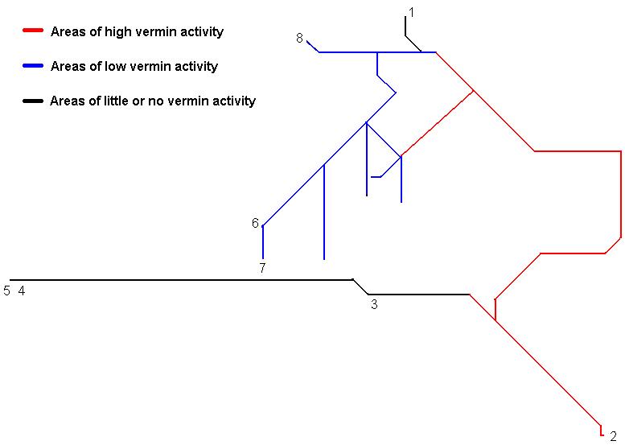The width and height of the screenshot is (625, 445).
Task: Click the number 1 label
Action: (411, 12)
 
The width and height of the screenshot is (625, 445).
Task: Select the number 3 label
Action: (374, 304)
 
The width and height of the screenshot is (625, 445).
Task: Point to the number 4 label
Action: (22, 291)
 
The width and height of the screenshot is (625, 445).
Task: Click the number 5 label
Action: (7, 291)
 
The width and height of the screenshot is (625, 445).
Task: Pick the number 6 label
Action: (255, 224)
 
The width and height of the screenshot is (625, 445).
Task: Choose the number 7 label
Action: (262, 269)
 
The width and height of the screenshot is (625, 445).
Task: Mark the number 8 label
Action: (299, 38)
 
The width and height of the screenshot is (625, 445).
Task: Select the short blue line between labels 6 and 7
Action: (263, 242)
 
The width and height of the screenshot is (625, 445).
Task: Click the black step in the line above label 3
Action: (360, 286)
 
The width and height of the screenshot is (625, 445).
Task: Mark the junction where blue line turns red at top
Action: (436, 52)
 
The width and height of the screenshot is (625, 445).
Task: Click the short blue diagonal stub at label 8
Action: (313, 46)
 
